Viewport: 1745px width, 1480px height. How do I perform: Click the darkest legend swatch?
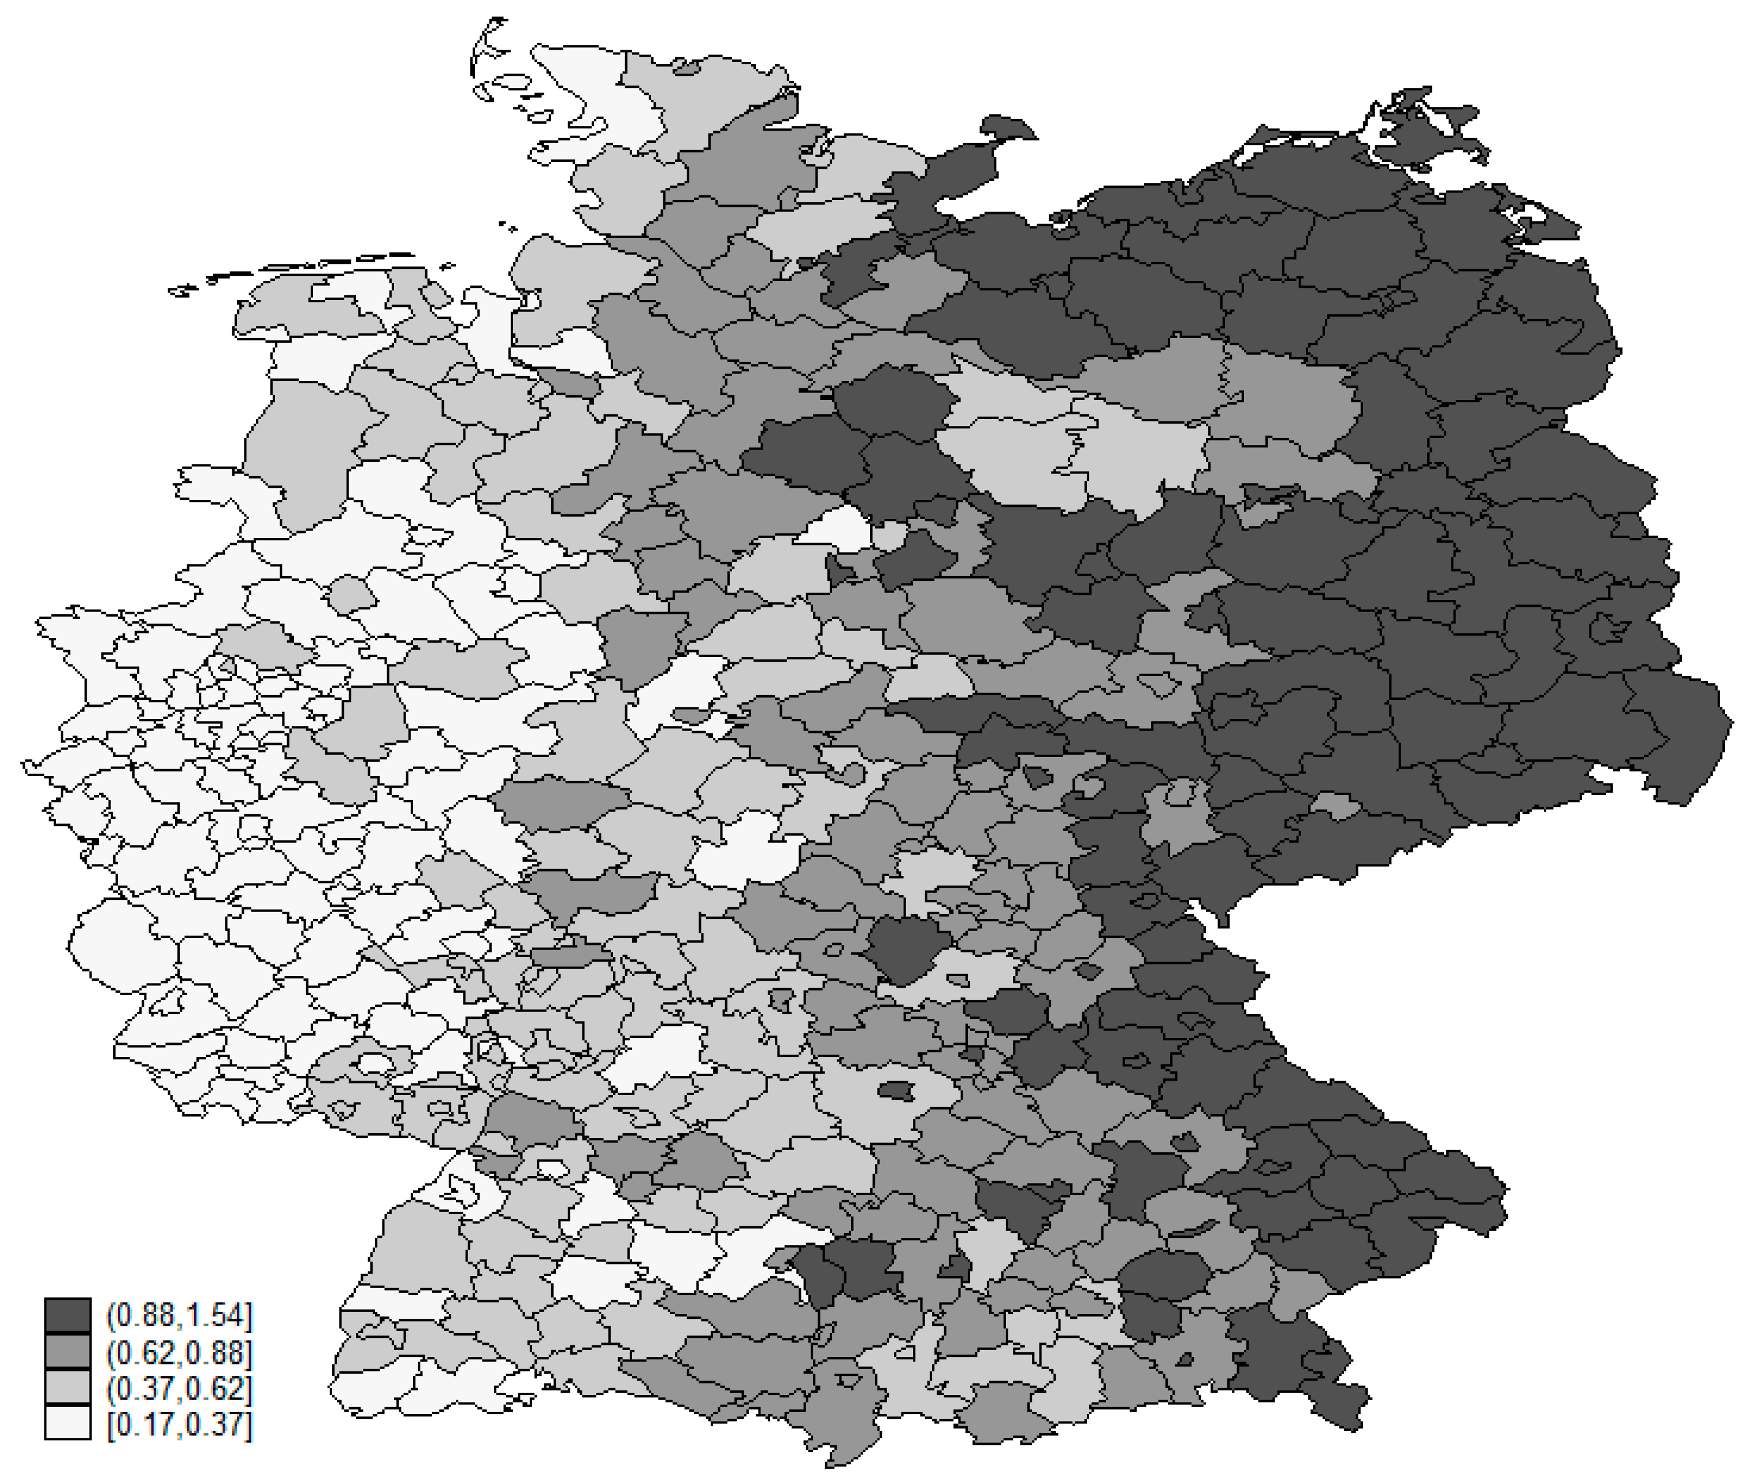(67, 1315)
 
